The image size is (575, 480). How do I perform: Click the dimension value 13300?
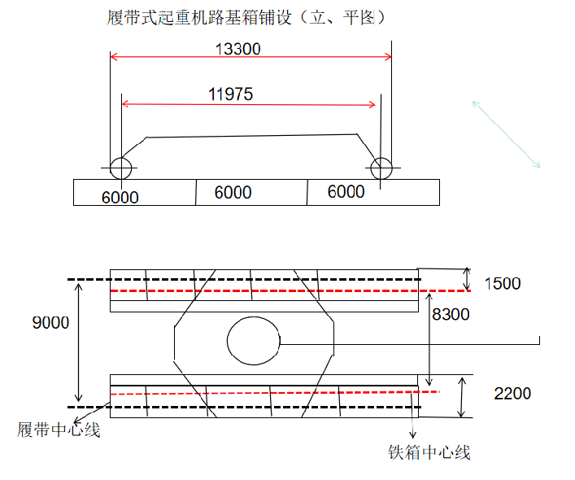[x=237, y=49]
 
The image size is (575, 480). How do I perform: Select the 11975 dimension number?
[x=230, y=94]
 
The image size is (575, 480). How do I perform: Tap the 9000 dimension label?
[x=50, y=323]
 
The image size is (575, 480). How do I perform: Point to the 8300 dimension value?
[x=451, y=314]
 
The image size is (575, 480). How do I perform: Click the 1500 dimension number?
[x=503, y=283]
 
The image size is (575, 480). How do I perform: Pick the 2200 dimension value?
[x=512, y=394]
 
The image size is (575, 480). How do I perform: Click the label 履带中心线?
[x=59, y=430]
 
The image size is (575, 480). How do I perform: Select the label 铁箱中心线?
[x=429, y=452]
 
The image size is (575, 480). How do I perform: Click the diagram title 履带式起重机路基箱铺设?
[x=199, y=17]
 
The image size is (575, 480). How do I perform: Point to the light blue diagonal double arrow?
[x=507, y=134]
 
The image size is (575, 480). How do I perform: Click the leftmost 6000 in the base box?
[x=120, y=197]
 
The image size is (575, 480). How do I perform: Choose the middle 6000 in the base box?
[x=233, y=192]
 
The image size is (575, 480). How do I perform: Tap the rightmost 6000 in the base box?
[x=346, y=191]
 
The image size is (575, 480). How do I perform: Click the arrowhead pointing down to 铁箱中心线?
[x=413, y=435]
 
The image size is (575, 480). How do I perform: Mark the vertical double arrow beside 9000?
[x=78, y=343]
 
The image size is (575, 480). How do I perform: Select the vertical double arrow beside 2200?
[x=462, y=397]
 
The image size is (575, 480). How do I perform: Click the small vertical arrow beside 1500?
[x=467, y=279]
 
